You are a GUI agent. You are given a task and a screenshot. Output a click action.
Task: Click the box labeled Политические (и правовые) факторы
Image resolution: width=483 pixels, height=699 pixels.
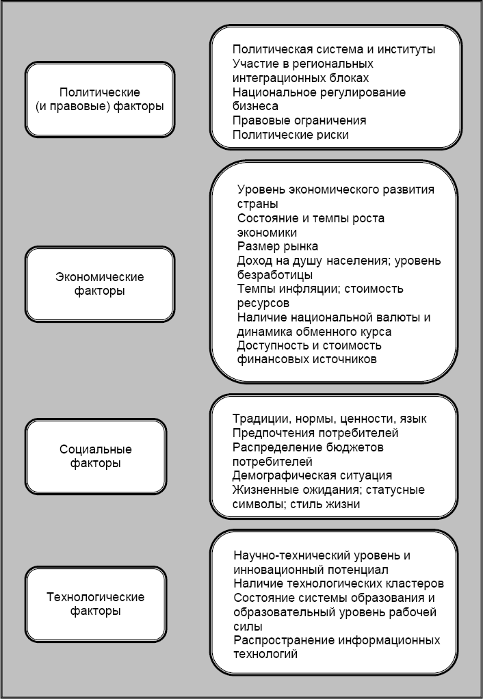pos(100,99)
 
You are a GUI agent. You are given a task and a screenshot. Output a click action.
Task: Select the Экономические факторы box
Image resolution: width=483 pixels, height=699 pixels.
pos(100,284)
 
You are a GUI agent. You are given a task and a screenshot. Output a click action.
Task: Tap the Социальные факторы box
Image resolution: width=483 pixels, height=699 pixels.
pos(96,456)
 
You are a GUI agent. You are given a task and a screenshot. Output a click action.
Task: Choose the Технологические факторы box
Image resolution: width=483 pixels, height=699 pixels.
pos(96,604)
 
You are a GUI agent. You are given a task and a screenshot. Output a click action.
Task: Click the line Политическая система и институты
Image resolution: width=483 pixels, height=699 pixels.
pos(334,49)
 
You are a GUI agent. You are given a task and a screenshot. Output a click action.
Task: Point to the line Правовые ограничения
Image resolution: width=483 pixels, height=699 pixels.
pos(299,120)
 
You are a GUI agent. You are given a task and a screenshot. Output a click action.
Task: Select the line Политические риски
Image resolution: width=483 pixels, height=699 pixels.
pos(291,135)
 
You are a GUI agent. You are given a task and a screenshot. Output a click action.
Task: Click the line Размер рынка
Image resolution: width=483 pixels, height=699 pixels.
pos(278,246)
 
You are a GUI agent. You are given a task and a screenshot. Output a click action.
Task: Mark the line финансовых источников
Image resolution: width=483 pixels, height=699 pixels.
pos(306,359)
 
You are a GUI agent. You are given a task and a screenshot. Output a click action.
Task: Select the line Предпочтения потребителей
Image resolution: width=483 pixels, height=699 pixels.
pos(315,433)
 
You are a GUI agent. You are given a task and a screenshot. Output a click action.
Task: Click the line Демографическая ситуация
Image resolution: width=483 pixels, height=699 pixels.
pos(312,475)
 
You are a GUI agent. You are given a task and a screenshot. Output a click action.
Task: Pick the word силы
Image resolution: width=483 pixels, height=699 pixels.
pos(247,627)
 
